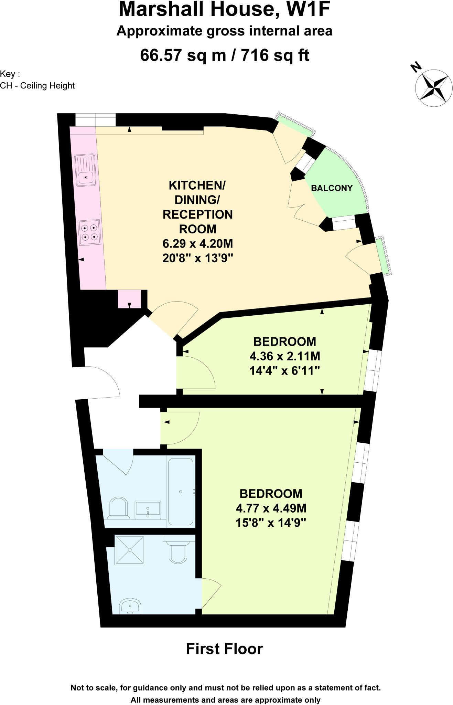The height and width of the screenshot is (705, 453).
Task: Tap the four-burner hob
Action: (x=90, y=232)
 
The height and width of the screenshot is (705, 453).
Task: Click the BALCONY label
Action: (x=332, y=188)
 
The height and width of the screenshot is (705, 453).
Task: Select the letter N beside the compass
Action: (x=416, y=67)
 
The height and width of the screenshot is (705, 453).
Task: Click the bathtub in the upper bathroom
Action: (x=181, y=491)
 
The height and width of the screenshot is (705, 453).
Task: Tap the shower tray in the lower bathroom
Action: (x=130, y=550)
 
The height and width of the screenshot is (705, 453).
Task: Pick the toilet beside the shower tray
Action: (x=178, y=552)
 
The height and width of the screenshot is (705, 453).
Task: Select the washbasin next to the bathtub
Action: (x=148, y=509)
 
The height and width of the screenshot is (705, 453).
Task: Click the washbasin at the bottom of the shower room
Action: (x=130, y=607)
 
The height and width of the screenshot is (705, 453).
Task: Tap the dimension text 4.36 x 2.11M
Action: (x=285, y=356)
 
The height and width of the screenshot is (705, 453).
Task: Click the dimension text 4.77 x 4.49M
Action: (x=271, y=508)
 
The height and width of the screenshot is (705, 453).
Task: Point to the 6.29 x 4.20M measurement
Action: (x=198, y=243)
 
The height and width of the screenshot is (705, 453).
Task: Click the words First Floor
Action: (x=224, y=649)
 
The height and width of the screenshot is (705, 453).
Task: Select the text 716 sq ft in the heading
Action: (x=275, y=55)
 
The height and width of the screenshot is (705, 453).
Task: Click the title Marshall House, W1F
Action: (x=224, y=10)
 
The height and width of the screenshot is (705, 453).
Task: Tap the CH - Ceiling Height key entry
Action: (x=37, y=86)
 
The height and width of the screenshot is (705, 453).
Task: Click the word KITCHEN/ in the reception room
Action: (x=197, y=185)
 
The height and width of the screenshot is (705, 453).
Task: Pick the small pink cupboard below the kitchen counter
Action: (x=129, y=299)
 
